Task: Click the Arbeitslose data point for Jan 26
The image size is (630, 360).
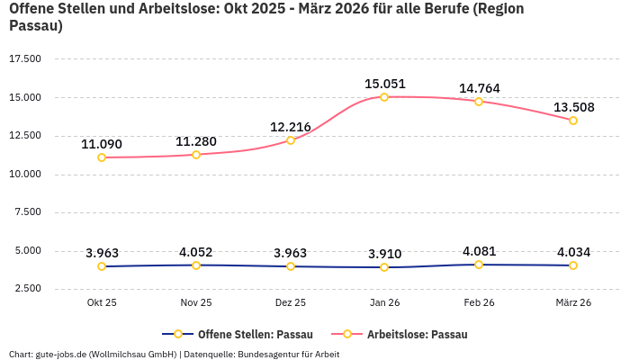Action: (x=384, y=97)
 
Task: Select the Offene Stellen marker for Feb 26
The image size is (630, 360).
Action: (x=479, y=265)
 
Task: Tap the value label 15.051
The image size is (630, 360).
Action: (x=384, y=84)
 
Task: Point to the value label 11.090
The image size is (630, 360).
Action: (x=102, y=144)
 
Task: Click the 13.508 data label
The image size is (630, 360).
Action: (x=573, y=107)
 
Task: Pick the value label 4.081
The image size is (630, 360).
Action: (x=479, y=251)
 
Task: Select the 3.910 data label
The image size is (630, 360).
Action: (x=384, y=254)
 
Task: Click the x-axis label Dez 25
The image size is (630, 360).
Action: (x=290, y=302)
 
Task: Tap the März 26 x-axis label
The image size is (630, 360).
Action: (x=573, y=302)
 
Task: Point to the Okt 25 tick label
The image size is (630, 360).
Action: (x=102, y=302)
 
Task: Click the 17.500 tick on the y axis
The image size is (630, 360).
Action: (x=25, y=59)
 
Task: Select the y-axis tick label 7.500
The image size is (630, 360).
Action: (x=25, y=212)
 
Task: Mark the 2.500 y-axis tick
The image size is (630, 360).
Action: (x=25, y=289)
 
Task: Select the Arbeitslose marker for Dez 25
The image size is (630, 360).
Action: (x=290, y=140)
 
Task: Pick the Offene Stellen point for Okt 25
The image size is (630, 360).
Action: (x=102, y=266)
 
